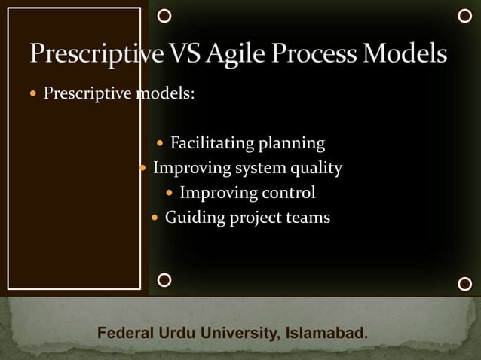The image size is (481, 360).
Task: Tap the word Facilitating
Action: click(212, 143)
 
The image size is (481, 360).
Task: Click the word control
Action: click(287, 193)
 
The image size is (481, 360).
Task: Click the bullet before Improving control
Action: click(169, 194)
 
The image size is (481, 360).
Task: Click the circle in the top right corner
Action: click(465, 15)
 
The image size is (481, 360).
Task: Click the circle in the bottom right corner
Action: click(465, 284)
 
